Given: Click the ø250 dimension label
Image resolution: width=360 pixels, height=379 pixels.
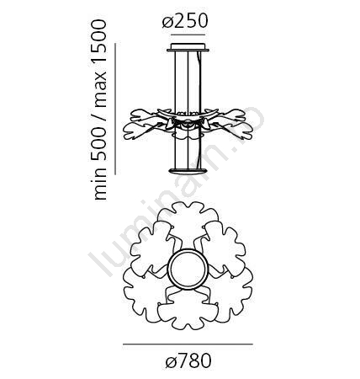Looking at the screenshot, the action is tap(185, 21).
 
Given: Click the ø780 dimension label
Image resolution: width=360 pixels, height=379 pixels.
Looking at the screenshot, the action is tap(188, 360).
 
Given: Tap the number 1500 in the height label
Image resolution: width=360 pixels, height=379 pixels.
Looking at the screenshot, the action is tap(100, 37).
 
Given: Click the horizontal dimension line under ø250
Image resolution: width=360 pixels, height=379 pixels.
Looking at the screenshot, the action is tap(188, 35).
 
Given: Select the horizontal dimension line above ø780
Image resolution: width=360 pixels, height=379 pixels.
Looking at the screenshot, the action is tap(188, 344).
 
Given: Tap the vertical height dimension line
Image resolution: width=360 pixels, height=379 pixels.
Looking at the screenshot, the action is tap(115, 109).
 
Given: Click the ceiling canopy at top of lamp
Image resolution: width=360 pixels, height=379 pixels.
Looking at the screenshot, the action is tap(188, 47).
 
